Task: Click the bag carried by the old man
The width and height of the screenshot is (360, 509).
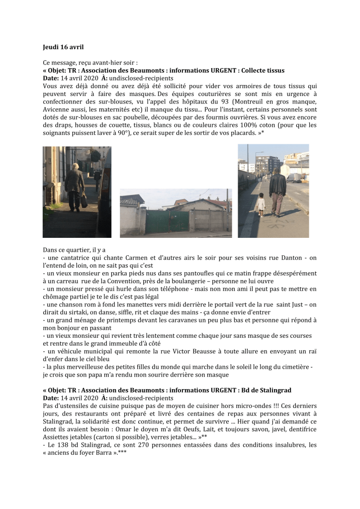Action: pos(84,200)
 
